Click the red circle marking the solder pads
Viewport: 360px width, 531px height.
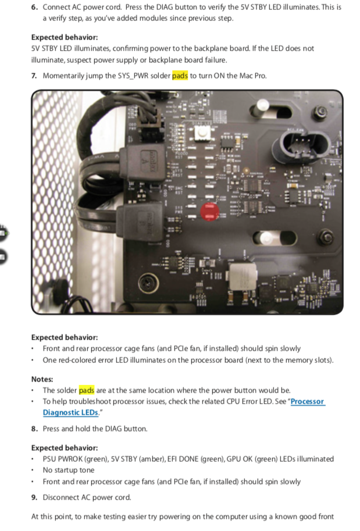(210, 212)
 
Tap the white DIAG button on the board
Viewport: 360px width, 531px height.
(202, 133)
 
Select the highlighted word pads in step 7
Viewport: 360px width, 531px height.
(180, 76)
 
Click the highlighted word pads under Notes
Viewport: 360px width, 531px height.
(86, 390)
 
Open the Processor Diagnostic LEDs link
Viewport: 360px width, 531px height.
(184, 407)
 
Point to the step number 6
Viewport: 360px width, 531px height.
(34, 7)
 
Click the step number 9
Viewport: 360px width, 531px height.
(34, 497)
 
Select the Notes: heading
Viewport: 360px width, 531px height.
(42, 379)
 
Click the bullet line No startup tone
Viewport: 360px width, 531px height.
(69, 470)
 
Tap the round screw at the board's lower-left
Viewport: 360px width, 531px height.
(148, 281)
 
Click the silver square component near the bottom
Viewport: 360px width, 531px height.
(243, 276)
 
